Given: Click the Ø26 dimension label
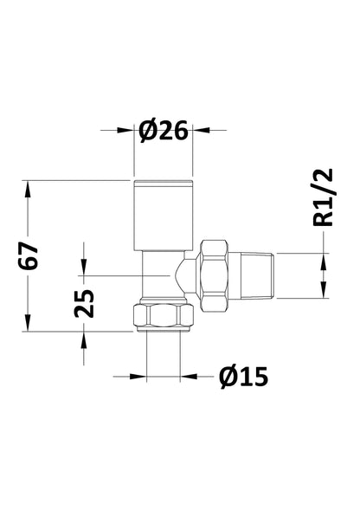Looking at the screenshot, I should tap(163, 131).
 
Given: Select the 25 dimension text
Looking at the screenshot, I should tap(84, 306).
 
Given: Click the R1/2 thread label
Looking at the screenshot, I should tap(322, 199).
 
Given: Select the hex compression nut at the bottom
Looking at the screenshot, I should tap(163, 318).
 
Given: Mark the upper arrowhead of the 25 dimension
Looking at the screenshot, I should tap(84, 268).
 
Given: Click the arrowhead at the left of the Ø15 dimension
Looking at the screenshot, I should tap(138, 377).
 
